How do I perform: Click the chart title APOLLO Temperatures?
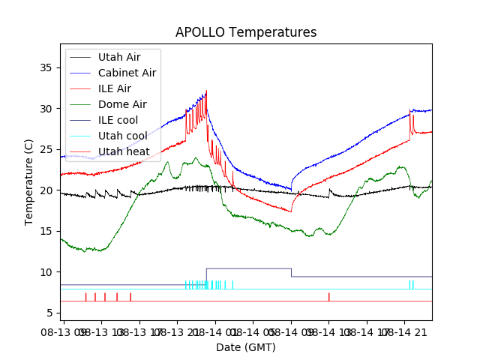pos(246,32)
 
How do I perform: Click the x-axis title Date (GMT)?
pos(246,347)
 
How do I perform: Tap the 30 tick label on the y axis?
pos(46,109)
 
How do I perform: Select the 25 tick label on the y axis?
pos(46,149)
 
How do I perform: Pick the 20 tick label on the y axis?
pos(46,190)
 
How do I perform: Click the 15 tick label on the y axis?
pos(46,231)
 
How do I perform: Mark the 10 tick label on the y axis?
pos(46,272)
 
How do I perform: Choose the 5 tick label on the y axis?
pos(49,313)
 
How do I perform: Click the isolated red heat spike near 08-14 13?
pos(328,297)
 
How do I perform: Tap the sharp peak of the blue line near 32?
pos(206,91)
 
